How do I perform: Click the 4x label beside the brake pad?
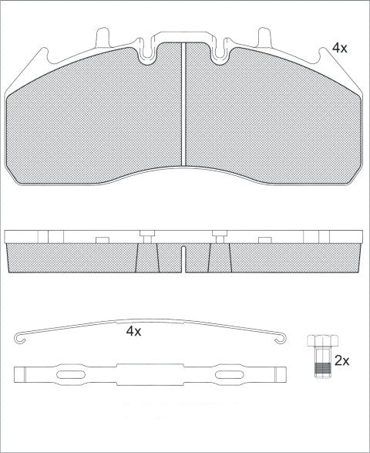[x=340, y=48]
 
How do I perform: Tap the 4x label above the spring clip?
[x=134, y=331]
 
